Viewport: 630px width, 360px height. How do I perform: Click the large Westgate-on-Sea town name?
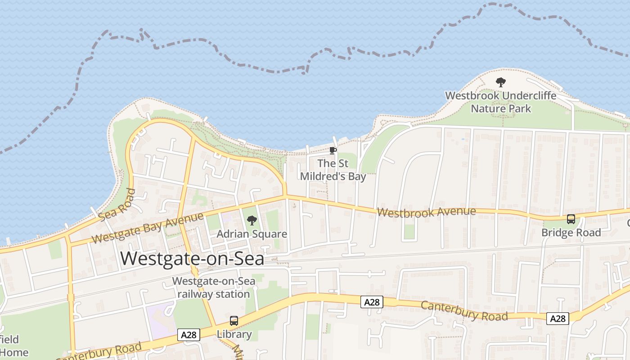pyautogui.click(x=192, y=259)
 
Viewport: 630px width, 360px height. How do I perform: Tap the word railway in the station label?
pyautogui.click(x=194, y=294)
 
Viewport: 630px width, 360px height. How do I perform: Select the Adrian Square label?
pyautogui.click(x=252, y=234)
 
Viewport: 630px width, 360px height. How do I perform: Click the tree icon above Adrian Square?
pyautogui.click(x=252, y=220)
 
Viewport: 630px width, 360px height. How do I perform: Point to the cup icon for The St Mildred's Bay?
pyautogui.click(x=333, y=150)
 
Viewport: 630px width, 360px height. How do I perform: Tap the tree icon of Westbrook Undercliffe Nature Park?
pyautogui.click(x=500, y=82)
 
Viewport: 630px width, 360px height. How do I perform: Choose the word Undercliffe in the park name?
pyautogui.click(x=529, y=96)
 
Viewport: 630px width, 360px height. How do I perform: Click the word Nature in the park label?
pyautogui.click(x=488, y=108)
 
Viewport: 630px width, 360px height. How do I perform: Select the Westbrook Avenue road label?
pyautogui.click(x=426, y=212)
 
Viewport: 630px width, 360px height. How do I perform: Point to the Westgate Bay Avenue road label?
pyautogui.click(x=147, y=228)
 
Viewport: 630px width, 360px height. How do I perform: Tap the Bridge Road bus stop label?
pyautogui.click(x=571, y=233)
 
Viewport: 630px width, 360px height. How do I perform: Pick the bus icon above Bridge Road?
pyautogui.click(x=571, y=219)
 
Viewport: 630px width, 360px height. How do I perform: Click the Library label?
pyautogui.click(x=234, y=334)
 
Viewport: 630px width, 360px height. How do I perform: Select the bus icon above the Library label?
pyautogui.click(x=234, y=321)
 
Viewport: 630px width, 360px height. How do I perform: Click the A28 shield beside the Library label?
pyautogui.click(x=189, y=335)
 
